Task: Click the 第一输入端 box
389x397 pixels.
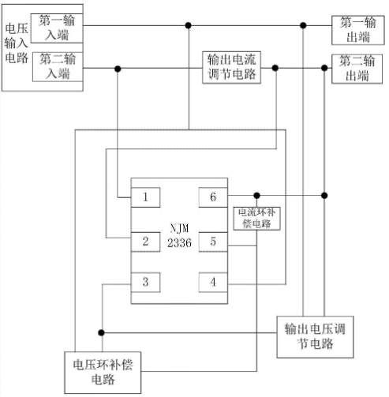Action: tap(57, 28)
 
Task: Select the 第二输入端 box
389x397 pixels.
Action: tap(58, 67)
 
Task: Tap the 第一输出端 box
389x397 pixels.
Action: tap(358, 30)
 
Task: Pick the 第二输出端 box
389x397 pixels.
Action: tap(357, 69)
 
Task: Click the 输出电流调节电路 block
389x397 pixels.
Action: tap(231, 68)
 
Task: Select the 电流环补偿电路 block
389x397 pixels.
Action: tap(256, 219)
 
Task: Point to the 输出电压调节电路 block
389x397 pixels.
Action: tap(315, 337)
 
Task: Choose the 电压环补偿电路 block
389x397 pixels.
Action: tap(103, 373)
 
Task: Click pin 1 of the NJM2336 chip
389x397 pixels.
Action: tap(145, 197)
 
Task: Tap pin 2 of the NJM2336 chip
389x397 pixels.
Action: tap(145, 242)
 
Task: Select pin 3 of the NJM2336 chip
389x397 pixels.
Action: tap(145, 283)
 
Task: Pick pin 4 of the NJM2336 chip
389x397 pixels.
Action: tap(213, 283)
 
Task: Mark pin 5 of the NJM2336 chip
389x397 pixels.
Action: tap(213, 242)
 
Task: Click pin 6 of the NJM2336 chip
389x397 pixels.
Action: tap(213, 197)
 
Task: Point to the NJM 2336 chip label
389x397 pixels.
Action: tap(179, 236)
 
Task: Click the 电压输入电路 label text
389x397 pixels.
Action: tap(17, 43)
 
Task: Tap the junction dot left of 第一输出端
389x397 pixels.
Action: tap(303, 25)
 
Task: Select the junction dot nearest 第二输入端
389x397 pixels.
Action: tap(118, 69)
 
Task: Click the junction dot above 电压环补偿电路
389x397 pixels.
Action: tap(101, 333)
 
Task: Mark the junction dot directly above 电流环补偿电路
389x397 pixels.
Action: tap(257, 196)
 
